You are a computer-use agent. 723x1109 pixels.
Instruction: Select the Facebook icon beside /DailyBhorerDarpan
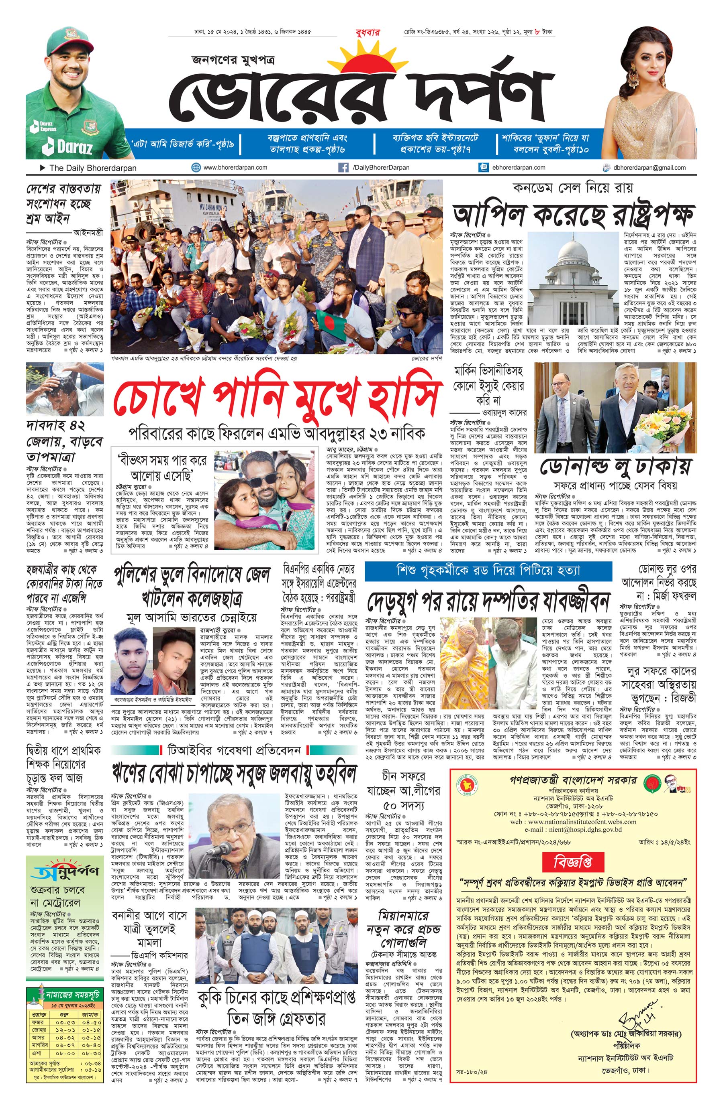tap(343, 167)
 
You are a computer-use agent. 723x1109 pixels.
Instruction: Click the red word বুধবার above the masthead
tap(368, 32)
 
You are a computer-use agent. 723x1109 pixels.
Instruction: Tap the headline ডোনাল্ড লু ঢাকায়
tap(615, 467)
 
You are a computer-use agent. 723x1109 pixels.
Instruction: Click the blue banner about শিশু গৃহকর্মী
tap(488, 570)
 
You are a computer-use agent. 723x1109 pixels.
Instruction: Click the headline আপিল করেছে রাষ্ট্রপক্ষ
tap(573, 213)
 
